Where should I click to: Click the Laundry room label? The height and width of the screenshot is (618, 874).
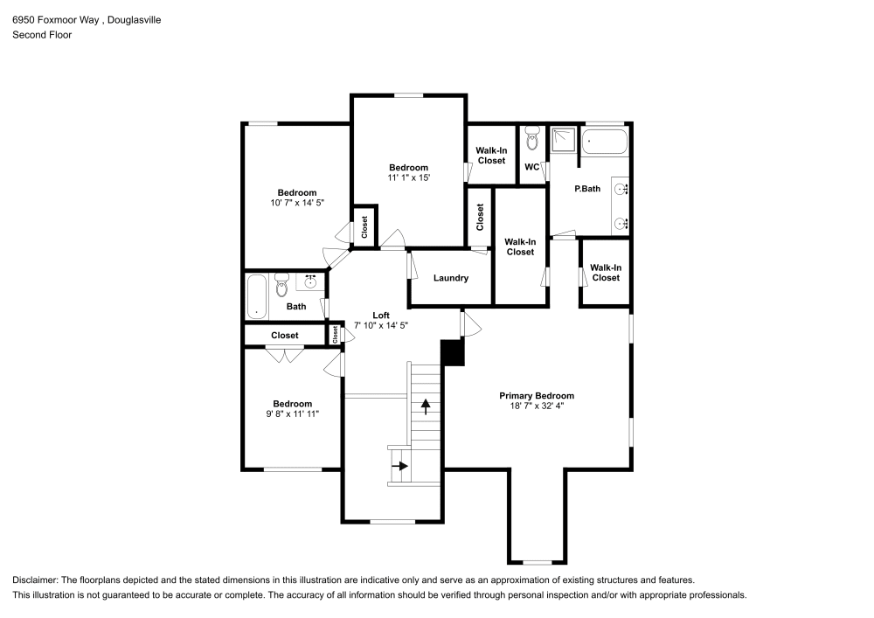click(451, 278)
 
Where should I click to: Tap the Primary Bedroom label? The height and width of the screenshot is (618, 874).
click(537, 396)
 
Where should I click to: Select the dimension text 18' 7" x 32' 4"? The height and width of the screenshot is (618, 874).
click(537, 406)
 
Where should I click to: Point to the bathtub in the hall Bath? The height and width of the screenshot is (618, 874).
click(256, 297)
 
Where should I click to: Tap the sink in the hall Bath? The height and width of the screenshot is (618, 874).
click(310, 281)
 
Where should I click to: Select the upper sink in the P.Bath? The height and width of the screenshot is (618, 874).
click(621, 188)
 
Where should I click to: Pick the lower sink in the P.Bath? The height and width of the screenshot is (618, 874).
click(621, 223)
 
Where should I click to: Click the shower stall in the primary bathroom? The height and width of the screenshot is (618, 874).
click(564, 138)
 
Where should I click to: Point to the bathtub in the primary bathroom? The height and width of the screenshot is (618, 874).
click(605, 139)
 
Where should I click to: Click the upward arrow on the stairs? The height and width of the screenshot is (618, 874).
click(426, 406)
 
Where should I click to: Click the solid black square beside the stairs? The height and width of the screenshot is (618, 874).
click(452, 352)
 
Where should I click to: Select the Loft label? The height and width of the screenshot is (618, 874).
click(381, 316)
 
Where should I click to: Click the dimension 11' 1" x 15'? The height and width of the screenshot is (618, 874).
click(408, 177)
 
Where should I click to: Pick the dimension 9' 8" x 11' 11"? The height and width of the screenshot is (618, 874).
click(292, 413)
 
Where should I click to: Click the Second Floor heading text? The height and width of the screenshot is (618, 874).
click(42, 35)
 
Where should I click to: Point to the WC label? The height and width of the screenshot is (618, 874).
click(531, 167)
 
